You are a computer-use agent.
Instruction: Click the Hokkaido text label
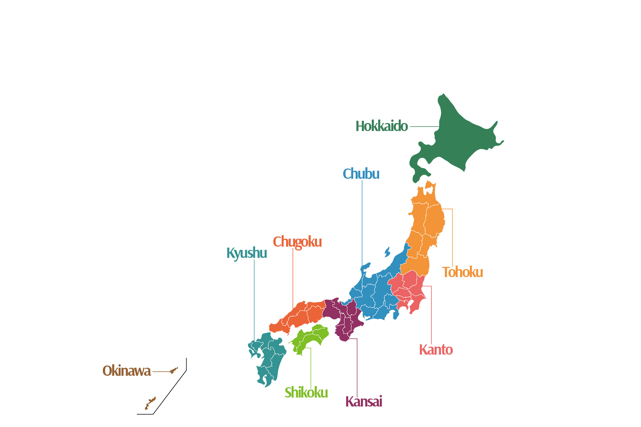tap(381, 126)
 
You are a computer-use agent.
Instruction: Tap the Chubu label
tap(361, 174)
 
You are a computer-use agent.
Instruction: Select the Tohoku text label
tap(462, 272)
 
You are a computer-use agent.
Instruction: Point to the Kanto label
tap(436, 350)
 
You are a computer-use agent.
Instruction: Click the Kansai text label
tap(364, 402)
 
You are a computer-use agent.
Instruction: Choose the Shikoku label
tap(306, 393)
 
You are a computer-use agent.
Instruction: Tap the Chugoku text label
tap(297, 242)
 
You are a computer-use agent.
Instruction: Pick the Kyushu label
tap(246, 253)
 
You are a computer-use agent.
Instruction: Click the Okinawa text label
tap(127, 371)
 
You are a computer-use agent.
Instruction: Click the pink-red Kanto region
tap(407, 288)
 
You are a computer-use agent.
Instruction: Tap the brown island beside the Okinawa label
tap(173, 371)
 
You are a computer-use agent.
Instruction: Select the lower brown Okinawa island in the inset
tap(150, 403)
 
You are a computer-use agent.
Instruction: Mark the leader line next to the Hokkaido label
tap(424, 127)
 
